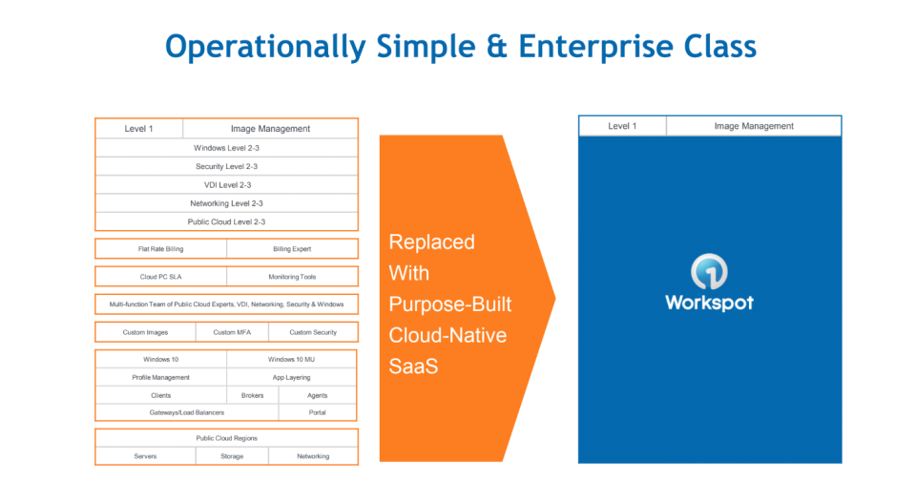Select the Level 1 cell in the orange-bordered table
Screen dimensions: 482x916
tap(138, 129)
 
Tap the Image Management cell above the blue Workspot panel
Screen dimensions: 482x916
tap(754, 126)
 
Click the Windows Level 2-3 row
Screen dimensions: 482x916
tap(226, 148)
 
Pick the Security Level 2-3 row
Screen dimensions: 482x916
tap(226, 166)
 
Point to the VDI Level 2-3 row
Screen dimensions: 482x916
tap(226, 184)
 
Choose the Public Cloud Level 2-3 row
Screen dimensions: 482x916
tap(226, 221)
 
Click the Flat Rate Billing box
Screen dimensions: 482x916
tap(160, 249)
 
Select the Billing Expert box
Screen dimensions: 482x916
tap(292, 249)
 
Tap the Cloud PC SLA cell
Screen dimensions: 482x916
tap(160, 277)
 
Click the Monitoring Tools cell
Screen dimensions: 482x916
tap(292, 277)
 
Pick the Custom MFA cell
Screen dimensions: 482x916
tap(232, 332)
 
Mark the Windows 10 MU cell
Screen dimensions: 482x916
tap(292, 360)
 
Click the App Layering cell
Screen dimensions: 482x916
tap(292, 377)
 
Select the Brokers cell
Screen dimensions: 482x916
tap(252, 395)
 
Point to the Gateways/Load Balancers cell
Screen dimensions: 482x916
tap(187, 412)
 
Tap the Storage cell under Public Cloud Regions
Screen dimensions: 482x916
tap(232, 456)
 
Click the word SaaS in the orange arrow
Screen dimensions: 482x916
tap(413, 366)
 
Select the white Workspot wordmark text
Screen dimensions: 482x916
tap(709, 303)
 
